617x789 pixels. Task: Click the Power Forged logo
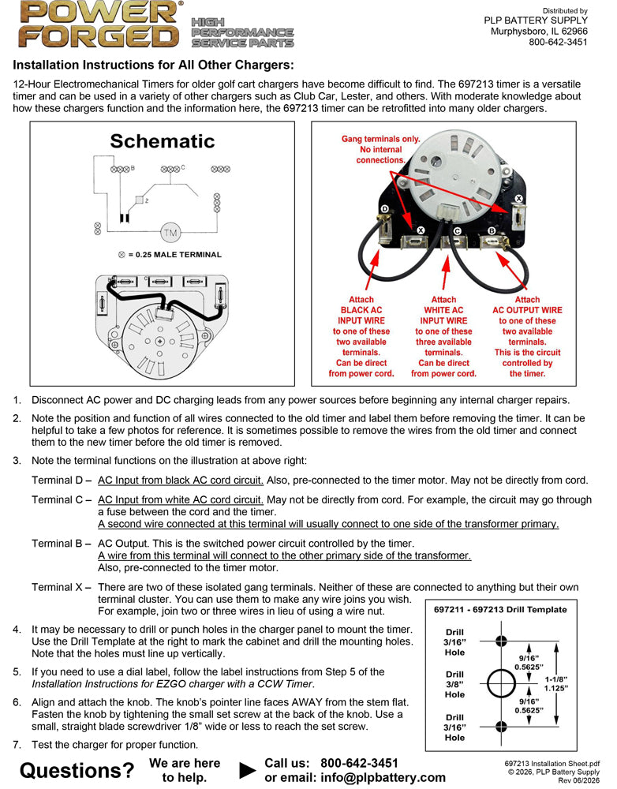pos(99,24)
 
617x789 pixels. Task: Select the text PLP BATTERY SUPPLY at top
pos(536,21)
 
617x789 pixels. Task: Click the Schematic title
pos(162,141)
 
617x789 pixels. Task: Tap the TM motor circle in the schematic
pos(170,233)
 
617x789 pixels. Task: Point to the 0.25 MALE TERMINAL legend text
pos(178,255)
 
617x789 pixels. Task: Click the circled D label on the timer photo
pos(385,209)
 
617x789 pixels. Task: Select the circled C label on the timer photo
pos(457,231)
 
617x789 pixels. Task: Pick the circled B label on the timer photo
pos(492,231)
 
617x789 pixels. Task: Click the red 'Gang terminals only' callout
pos(380,149)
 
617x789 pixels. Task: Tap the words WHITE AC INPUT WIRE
pos(444,316)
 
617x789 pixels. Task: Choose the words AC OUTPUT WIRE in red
pos(527,310)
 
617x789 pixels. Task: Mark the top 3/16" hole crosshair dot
pos(501,641)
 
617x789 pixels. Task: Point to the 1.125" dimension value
pos(556,688)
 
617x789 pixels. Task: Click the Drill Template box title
pos(500,609)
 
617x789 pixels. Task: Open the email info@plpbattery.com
pos(383,777)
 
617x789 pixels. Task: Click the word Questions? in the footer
pos(77,770)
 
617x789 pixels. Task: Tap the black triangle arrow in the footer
pos(247,770)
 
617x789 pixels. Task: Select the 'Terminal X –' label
pos(62,587)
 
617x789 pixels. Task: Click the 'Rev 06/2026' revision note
pos(579,780)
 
